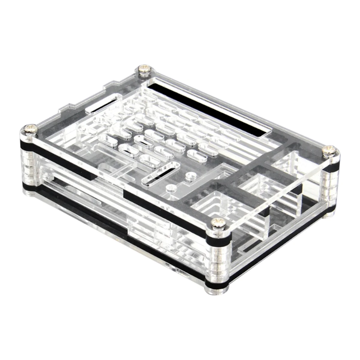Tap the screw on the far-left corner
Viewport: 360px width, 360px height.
pyautogui.click(x=30, y=130)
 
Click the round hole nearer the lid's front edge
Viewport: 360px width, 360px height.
pyautogui.click(x=170, y=188)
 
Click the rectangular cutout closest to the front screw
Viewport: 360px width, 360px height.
pyautogui.click(x=210, y=207)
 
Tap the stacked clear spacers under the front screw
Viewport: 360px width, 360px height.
pyautogui.click(x=218, y=258)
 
